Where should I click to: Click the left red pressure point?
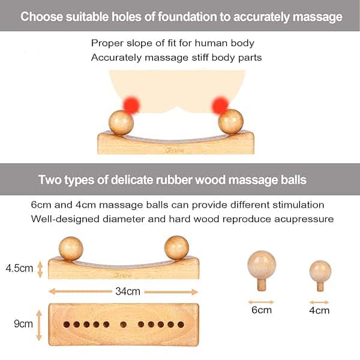(131, 105)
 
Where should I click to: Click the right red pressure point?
(220, 106)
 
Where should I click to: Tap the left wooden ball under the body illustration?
(121, 122)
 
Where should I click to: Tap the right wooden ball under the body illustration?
(231, 122)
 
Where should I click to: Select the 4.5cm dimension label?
(20, 268)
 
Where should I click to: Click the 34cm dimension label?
(128, 292)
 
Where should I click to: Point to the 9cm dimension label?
(23, 324)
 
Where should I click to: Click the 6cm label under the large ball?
(262, 310)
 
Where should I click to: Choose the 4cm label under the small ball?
(319, 310)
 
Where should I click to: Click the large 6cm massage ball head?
(262, 265)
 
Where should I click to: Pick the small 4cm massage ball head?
(320, 271)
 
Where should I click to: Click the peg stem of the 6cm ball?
(262, 284)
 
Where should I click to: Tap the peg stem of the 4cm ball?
(320, 287)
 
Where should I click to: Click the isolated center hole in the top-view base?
(123, 325)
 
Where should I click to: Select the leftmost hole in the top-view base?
(67, 325)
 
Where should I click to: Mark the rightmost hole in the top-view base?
(181, 325)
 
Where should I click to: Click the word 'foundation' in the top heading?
(187, 17)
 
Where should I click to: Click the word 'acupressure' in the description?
(304, 219)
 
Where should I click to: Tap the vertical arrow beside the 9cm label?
(39, 325)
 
